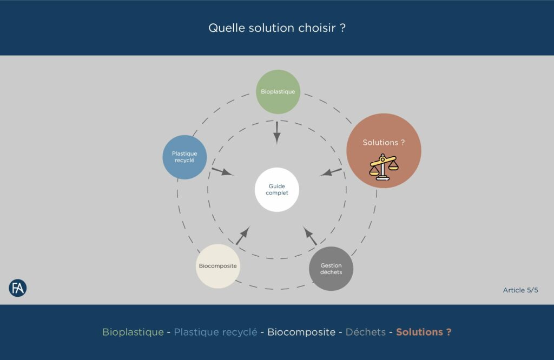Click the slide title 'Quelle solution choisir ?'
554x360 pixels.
[277, 28]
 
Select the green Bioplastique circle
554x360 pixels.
[278, 91]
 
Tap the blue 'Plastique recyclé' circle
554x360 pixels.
[185, 157]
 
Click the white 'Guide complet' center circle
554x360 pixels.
[277, 190]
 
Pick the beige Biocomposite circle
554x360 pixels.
[217, 266]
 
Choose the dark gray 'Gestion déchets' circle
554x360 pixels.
[331, 269]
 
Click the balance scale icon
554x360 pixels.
[383, 166]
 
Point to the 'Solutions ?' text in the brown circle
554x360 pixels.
[384, 143]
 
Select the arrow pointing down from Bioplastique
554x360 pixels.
[277, 132]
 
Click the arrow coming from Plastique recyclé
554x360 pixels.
[222, 172]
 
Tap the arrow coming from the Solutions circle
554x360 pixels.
[331, 172]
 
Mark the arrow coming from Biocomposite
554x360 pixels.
[242, 236]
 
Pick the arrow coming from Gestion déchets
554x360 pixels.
[311, 236]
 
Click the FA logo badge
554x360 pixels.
[18, 288]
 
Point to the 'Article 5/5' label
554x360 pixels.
[520, 290]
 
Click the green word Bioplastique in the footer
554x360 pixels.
[133, 332]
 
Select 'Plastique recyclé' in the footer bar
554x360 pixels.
[215, 332]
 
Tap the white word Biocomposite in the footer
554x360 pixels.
[301, 332]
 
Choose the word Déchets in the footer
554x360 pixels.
[365, 332]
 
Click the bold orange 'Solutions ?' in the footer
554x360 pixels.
[424, 332]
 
